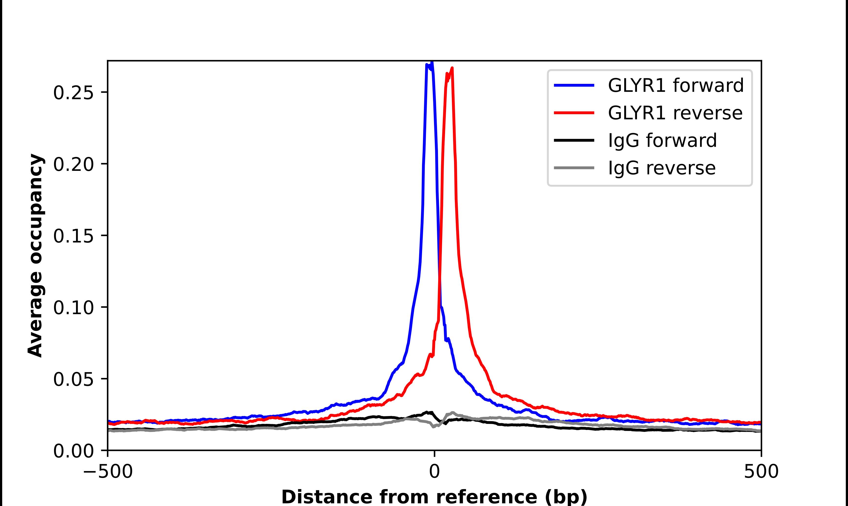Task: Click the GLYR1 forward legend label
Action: pos(675,85)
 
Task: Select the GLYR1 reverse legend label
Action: pos(675,113)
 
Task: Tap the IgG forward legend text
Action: pos(662,141)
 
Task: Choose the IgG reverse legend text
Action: pos(661,168)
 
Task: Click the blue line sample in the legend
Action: pos(574,85)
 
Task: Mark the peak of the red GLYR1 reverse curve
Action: pos(452,68)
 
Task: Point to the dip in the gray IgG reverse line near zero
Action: pos(433,427)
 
